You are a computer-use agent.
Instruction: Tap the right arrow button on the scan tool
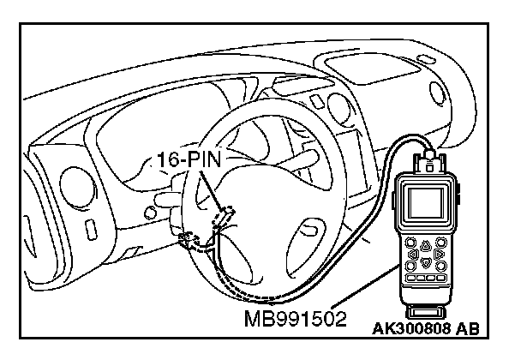coord(440,255)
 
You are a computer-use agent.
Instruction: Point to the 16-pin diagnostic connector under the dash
coord(225,217)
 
